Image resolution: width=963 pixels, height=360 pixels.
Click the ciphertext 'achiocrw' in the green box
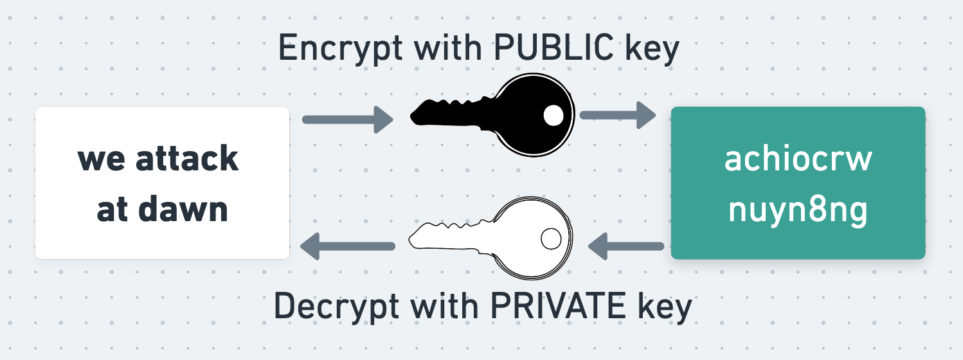point(798,160)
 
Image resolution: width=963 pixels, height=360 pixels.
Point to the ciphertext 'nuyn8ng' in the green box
point(798,210)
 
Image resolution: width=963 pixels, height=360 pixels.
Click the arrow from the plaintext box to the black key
point(347,119)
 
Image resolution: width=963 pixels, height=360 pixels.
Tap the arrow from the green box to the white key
point(626,246)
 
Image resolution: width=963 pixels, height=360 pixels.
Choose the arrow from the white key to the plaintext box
point(347,246)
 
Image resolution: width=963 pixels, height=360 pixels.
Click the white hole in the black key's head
point(553,116)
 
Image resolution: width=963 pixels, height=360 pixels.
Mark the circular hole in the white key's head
point(550,239)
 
